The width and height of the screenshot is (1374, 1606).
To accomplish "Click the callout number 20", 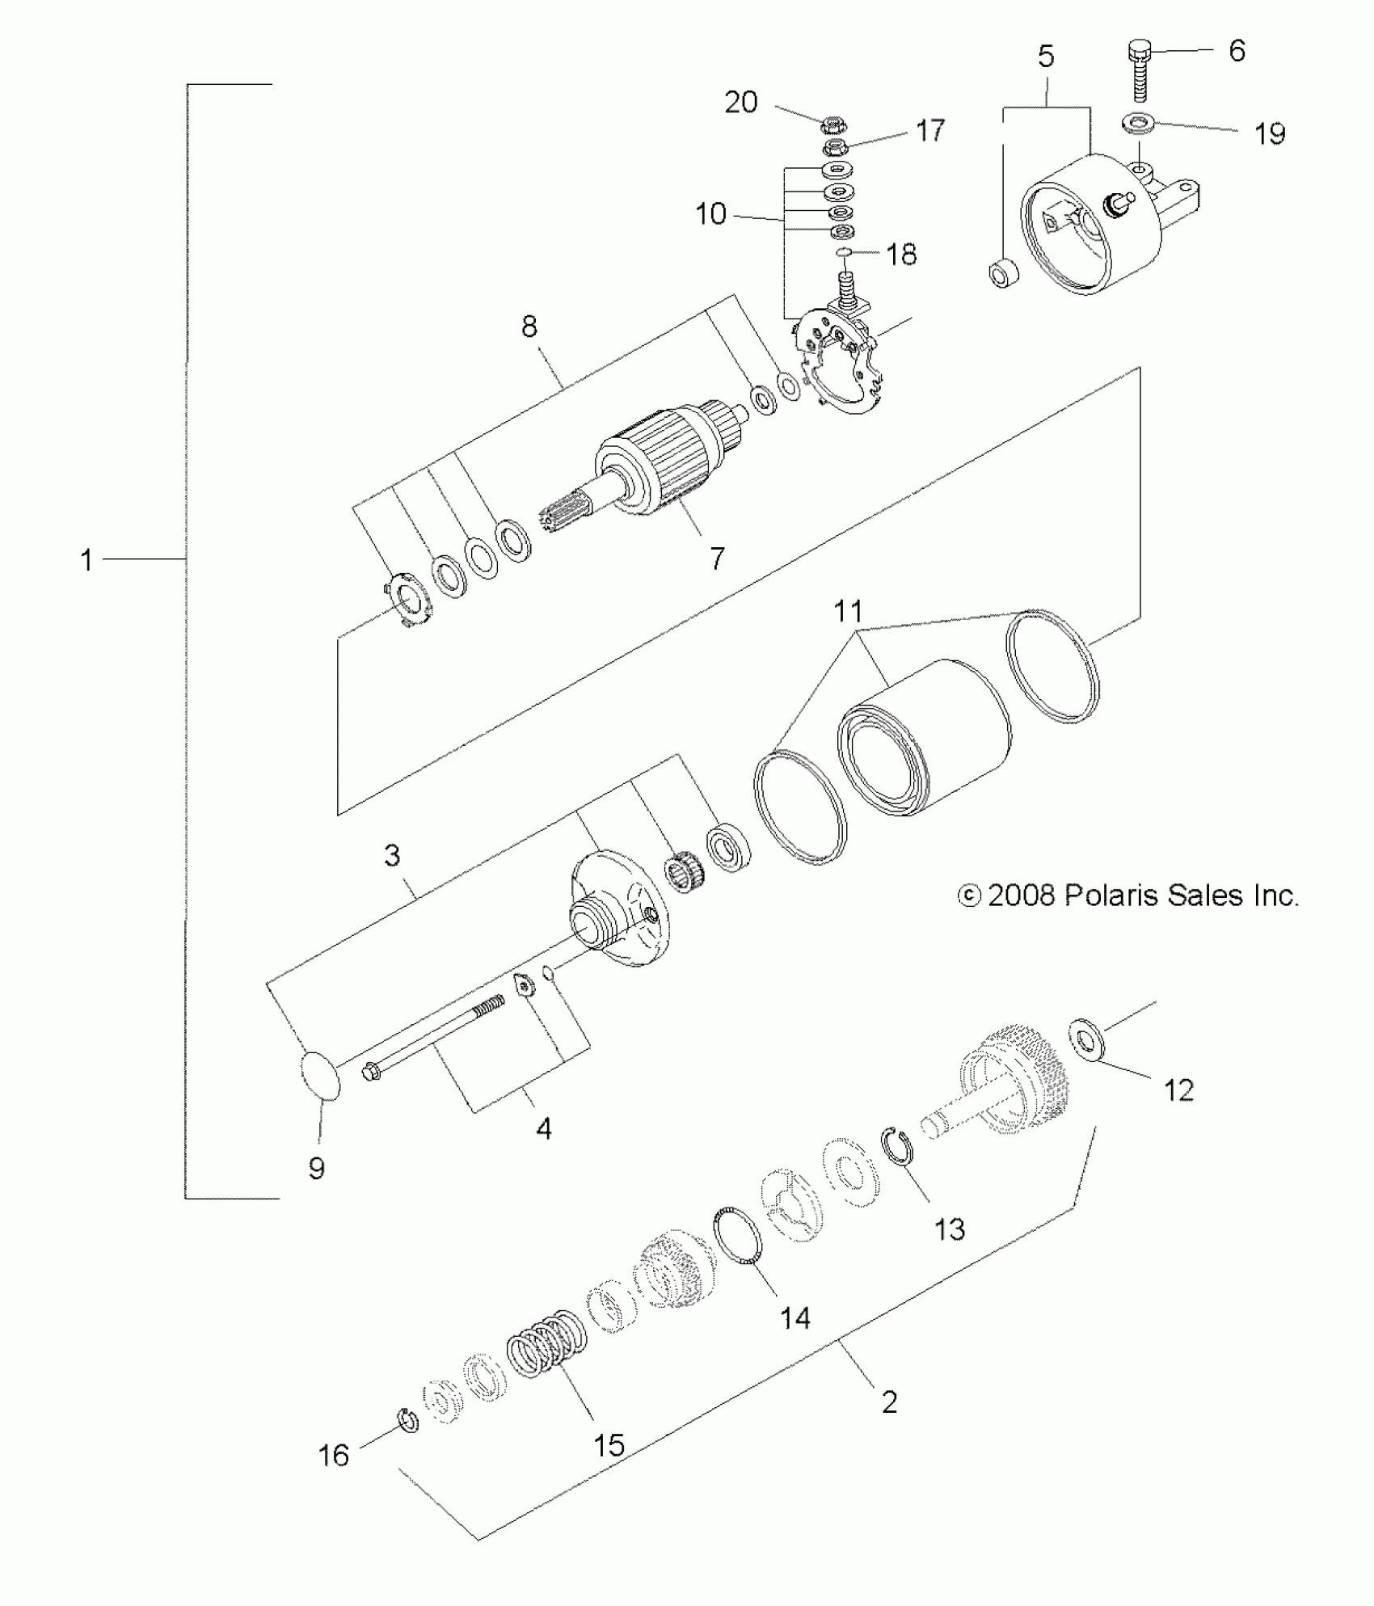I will (740, 103).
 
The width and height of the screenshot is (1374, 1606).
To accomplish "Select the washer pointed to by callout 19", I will (1138, 124).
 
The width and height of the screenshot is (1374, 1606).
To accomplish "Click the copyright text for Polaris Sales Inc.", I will (1128, 895).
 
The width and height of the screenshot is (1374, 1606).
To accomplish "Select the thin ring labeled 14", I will (739, 1238).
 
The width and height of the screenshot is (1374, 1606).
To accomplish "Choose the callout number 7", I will (718, 558).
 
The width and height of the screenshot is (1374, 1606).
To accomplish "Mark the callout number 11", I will (849, 611).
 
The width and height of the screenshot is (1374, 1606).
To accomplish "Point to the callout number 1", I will (86, 559).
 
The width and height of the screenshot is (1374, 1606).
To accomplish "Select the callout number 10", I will (711, 214).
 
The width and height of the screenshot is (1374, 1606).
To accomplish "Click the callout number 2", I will (889, 1402).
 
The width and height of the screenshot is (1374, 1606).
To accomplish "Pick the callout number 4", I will (544, 1128).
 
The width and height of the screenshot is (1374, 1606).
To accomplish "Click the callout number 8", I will (529, 327).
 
